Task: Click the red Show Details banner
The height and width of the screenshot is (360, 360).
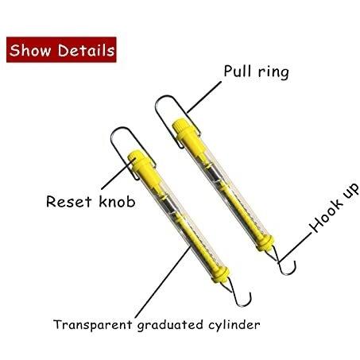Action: [61, 50]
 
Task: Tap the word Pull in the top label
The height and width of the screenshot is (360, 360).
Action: [237, 71]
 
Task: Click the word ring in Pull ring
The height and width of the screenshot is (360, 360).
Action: [273, 72]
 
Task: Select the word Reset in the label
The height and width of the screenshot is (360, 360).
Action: [69, 201]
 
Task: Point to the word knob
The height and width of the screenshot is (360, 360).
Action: [117, 201]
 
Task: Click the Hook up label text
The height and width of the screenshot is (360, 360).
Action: [335, 208]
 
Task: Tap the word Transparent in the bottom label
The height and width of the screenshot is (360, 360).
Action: [92, 324]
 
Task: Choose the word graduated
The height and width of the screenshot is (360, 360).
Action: [170, 325]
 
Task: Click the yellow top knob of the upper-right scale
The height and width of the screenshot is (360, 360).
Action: [180, 124]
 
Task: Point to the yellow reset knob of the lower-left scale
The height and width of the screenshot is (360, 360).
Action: [135, 157]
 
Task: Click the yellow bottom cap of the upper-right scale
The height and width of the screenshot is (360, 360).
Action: [265, 242]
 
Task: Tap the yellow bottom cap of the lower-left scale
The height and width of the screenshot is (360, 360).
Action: [220, 274]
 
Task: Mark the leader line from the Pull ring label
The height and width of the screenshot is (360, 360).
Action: [204, 97]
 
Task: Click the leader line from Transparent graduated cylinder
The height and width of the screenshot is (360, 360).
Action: [163, 281]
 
